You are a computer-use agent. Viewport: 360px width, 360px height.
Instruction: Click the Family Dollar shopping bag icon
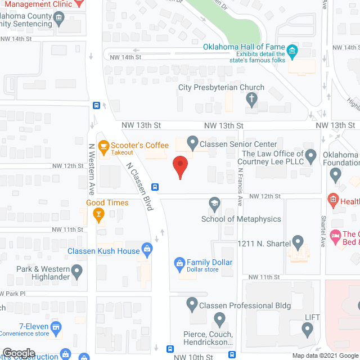coord(179,263)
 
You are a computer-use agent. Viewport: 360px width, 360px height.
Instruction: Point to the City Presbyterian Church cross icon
coord(251,100)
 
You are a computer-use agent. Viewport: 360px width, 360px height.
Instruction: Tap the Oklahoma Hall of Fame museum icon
coord(292,52)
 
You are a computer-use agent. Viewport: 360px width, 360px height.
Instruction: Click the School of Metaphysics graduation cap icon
coord(214,202)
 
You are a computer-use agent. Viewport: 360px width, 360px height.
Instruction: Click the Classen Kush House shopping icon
coord(147,247)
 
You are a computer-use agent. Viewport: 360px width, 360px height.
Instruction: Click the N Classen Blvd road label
coord(140,187)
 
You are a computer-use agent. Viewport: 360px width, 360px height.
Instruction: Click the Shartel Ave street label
coord(323,231)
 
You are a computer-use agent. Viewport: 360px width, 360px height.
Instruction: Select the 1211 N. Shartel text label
coord(264,243)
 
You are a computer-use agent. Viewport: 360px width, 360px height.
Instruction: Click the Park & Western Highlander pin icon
coord(77,272)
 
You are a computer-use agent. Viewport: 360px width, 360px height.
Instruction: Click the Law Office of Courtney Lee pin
coord(311,154)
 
